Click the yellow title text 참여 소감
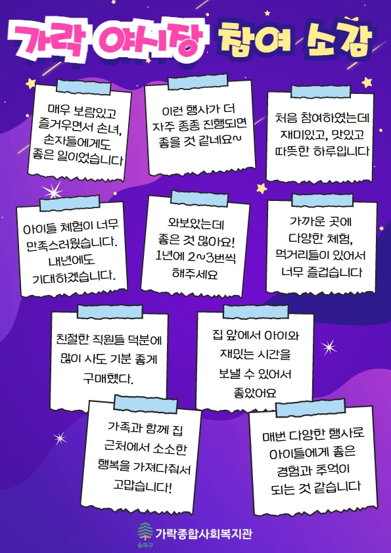(294, 39)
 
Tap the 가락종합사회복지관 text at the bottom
(204, 533)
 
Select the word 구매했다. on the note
(108, 379)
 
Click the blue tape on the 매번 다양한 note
(311, 409)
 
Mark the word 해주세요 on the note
(195, 274)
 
